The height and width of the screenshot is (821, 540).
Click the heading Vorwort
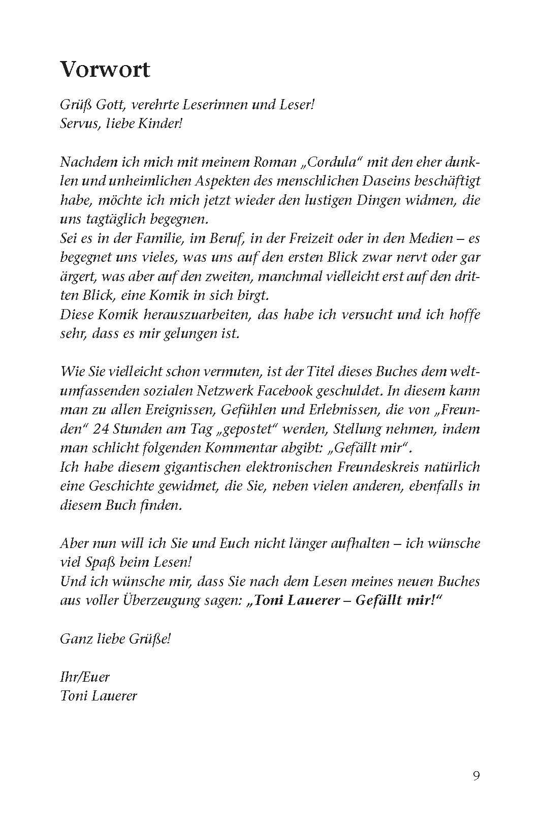[x=105, y=70]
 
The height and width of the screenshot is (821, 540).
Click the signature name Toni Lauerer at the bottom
[x=98, y=695]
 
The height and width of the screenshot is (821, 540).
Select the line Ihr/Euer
[x=84, y=677]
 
